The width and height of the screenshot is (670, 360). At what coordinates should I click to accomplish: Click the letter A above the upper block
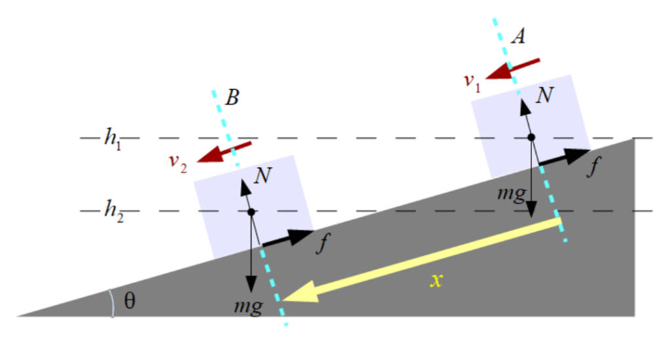(x=519, y=36)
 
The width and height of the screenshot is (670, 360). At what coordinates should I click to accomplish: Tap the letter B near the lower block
(x=232, y=98)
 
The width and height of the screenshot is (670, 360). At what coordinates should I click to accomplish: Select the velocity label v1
(x=472, y=82)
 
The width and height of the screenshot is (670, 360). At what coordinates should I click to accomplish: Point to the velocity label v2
(x=178, y=163)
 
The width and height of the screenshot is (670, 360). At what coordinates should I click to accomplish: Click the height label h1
(x=113, y=139)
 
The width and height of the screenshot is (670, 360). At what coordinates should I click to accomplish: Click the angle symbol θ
(x=130, y=301)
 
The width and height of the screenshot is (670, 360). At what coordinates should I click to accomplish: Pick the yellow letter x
(x=436, y=281)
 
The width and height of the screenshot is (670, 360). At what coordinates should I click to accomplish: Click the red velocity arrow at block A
(x=513, y=69)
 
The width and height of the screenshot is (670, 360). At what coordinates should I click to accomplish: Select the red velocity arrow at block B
(x=224, y=153)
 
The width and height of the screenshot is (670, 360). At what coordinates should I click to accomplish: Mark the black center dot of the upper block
(x=531, y=137)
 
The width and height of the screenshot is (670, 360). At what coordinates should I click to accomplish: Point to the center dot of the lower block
(x=251, y=212)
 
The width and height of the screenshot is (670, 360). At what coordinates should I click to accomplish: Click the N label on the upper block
(x=545, y=95)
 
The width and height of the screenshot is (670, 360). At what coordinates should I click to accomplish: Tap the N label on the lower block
(x=263, y=175)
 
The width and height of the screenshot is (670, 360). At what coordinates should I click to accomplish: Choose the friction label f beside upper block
(x=594, y=166)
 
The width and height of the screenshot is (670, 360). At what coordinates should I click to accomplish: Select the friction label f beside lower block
(x=323, y=243)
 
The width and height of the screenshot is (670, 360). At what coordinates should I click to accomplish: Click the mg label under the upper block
(x=512, y=194)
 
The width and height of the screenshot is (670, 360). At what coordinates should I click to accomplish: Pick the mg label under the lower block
(x=249, y=306)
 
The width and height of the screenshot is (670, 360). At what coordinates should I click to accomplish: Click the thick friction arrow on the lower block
(x=288, y=238)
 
